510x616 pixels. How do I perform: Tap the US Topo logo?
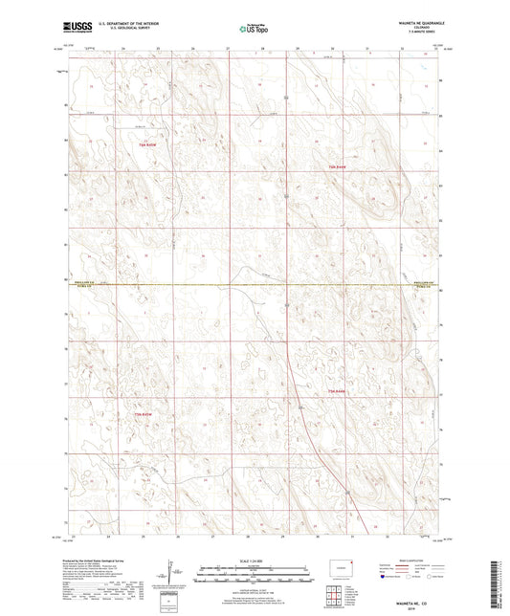254,30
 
